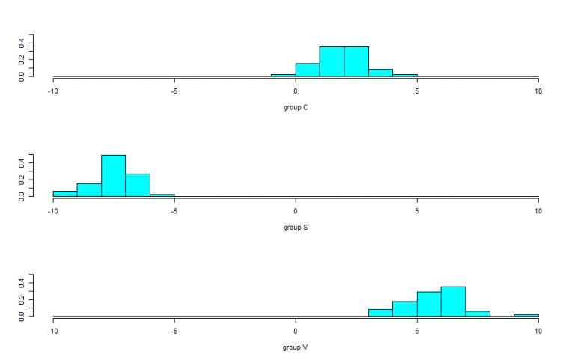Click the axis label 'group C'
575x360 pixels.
coord(296,107)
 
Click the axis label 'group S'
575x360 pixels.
coord(296,228)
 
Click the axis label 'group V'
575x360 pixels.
coord(296,347)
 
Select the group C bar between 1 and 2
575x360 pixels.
coord(332,61)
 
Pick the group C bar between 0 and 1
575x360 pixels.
coord(308,70)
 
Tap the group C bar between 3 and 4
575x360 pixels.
coord(380,73)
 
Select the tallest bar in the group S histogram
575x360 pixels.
coord(114,176)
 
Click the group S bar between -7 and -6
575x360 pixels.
coord(138,185)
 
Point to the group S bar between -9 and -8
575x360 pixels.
coord(89,190)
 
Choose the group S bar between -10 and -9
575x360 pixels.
coord(65,194)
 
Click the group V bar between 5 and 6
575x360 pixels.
coord(429,304)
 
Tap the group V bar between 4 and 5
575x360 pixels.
coord(404,309)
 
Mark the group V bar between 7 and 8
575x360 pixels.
coord(478,314)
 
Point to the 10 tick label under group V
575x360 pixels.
coord(538,330)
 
